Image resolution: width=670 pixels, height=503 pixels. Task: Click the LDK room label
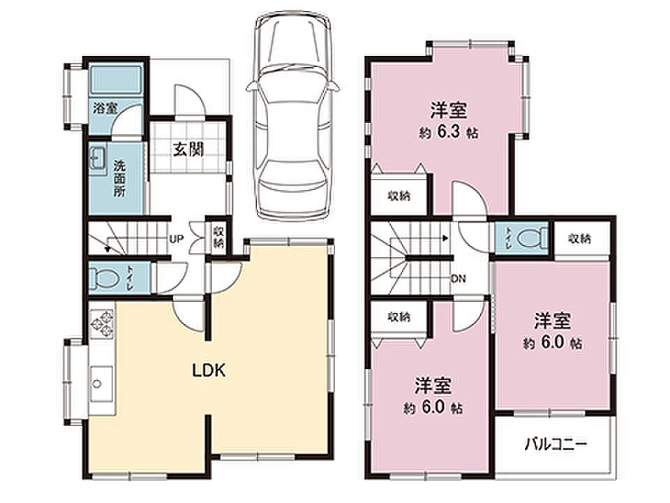(209, 370)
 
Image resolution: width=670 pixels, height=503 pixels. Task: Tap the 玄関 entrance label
(188, 150)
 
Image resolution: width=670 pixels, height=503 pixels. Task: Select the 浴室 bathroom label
(105, 108)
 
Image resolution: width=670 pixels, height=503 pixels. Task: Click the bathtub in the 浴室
(116, 79)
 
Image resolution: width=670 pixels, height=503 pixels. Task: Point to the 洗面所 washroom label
(119, 178)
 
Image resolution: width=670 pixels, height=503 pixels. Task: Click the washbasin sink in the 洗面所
(98, 160)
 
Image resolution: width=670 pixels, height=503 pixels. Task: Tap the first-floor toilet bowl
(105, 279)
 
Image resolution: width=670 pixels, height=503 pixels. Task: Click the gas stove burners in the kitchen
(102, 323)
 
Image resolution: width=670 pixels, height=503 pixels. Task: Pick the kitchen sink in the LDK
(100, 384)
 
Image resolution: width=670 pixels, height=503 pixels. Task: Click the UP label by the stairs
(176, 239)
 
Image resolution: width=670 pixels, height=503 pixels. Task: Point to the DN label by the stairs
(458, 279)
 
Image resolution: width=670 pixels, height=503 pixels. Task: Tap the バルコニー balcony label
(556, 444)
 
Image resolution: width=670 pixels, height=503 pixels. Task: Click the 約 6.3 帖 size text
(448, 132)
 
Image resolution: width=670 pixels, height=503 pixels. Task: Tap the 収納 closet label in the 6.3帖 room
(399, 196)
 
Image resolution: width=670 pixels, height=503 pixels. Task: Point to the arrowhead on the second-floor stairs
(446, 238)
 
